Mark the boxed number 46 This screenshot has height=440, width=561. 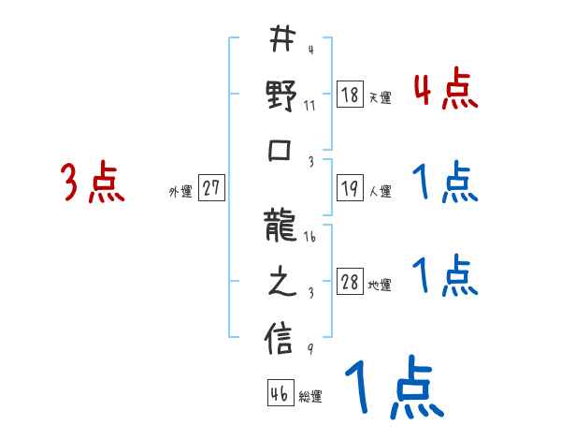279,394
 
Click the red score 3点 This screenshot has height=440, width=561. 93,183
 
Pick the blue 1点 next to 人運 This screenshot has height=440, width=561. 445,183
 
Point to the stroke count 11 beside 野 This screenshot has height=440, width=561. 309,105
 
